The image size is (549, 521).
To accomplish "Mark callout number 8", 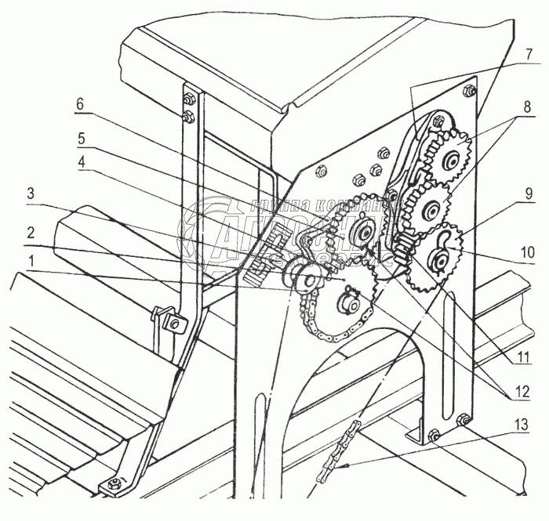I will coord(527,104).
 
